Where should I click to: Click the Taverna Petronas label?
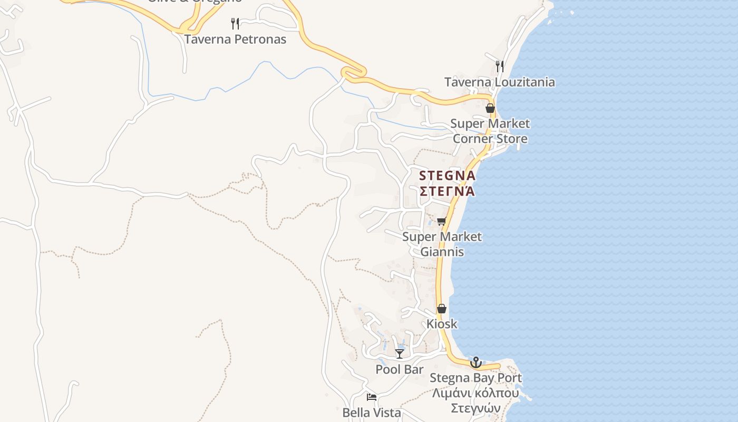click(235, 39)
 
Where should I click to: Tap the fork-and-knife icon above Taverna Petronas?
click(235, 23)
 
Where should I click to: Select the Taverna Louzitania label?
click(499, 82)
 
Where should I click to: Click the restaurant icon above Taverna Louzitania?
click(500, 66)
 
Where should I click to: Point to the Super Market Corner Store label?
click(490, 131)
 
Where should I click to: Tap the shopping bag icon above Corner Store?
click(490, 108)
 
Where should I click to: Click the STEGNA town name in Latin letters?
click(447, 176)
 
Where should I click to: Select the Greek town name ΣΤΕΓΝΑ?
click(447, 190)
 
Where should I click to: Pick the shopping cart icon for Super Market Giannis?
click(442, 221)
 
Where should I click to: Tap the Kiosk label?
click(442, 324)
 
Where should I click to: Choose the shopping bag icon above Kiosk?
click(442, 309)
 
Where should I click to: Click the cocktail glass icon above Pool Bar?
click(400, 353)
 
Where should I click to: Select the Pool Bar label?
click(400, 369)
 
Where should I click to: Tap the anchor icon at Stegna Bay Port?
click(476, 362)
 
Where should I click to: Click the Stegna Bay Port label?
click(476, 378)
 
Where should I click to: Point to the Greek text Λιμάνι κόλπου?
click(476, 393)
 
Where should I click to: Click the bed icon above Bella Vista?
click(372, 397)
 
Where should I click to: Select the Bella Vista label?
click(372, 413)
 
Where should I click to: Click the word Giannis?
click(442, 252)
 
